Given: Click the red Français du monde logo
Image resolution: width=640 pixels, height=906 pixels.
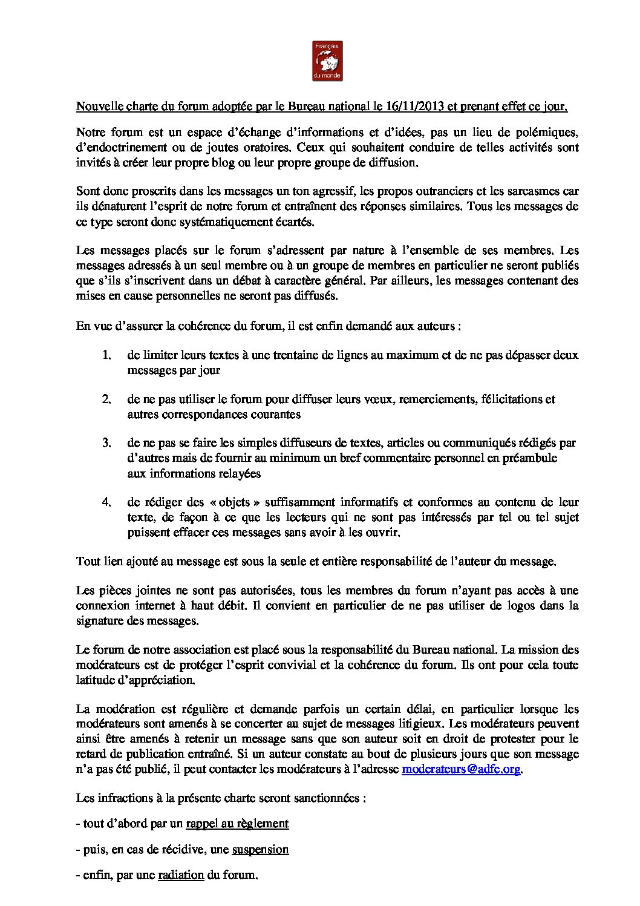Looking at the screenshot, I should pyautogui.click(x=327, y=61).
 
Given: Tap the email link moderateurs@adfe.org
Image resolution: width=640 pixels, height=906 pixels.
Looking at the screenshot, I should pyautogui.click(x=461, y=769).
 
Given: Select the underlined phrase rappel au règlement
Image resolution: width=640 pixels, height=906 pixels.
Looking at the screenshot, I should pyautogui.click(x=237, y=823).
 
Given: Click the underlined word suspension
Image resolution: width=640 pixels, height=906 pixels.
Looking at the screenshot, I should pyautogui.click(x=260, y=849).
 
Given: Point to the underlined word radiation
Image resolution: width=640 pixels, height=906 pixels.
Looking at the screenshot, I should pyautogui.click(x=181, y=875).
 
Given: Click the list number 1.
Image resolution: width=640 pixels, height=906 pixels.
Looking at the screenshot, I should pyautogui.click(x=106, y=355).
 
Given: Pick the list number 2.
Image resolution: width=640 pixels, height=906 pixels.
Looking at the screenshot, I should pyautogui.click(x=106, y=399).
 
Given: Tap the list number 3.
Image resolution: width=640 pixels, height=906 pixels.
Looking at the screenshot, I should pyautogui.click(x=106, y=444).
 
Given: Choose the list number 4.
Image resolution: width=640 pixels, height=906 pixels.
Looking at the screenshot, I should pyautogui.click(x=106, y=502).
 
